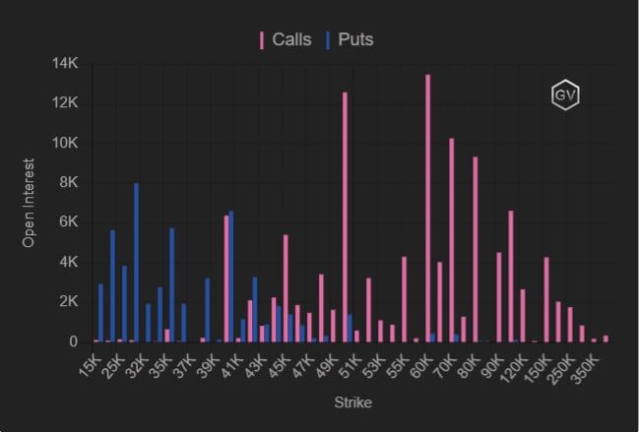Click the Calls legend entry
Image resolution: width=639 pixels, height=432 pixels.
click(287, 40)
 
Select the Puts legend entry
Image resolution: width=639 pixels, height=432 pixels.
click(350, 40)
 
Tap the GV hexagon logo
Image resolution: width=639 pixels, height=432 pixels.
click(564, 95)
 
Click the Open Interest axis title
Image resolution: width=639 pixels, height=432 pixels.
click(29, 203)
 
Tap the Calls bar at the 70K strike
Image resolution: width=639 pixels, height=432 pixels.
click(451, 240)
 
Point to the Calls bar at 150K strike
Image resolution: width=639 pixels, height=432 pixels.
click(546, 299)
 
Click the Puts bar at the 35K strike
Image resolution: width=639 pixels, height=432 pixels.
click(171, 285)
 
